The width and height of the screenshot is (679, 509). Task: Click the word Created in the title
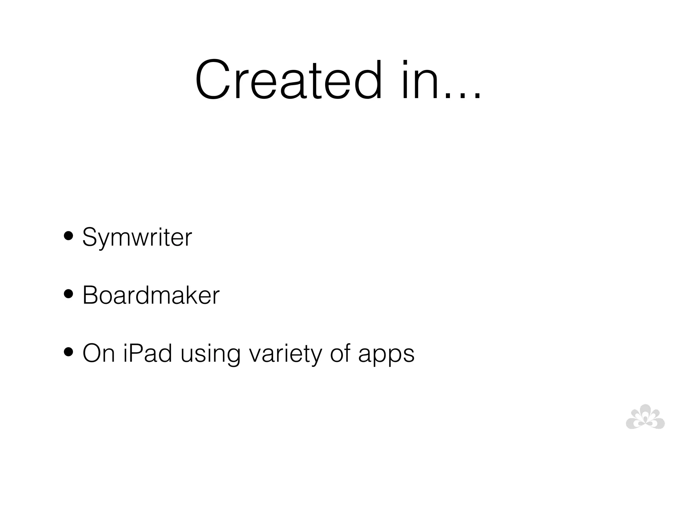(288, 80)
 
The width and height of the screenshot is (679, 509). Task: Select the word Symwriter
(137, 237)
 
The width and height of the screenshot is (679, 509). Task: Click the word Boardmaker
(151, 295)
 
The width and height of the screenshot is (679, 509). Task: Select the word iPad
(148, 353)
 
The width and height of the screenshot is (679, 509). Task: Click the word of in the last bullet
(340, 353)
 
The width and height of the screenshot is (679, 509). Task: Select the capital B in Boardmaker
(90, 295)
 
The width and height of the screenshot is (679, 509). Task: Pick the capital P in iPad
(136, 353)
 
